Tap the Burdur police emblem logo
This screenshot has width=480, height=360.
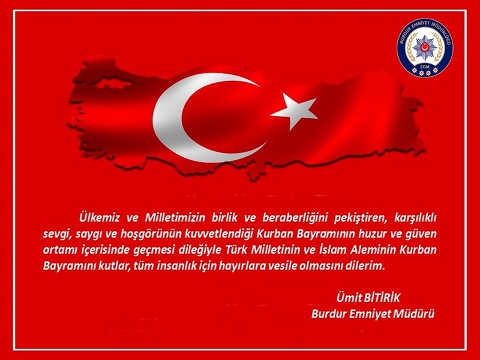tap(425, 47)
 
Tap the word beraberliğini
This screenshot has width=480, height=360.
tap(295, 218)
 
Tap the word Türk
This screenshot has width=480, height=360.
tap(236, 250)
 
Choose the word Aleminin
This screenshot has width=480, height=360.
tap(372, 250)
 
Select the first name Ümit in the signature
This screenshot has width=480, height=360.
tap(348, 298)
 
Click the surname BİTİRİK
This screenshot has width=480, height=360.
tap(382, 298)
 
